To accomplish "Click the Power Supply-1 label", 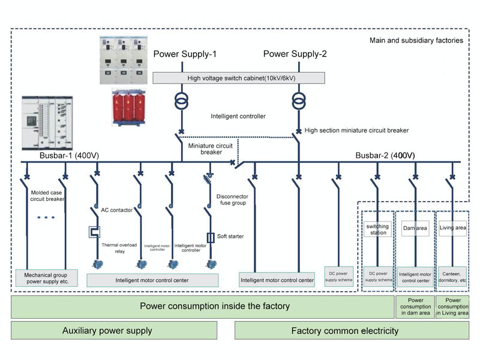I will pos(185,55).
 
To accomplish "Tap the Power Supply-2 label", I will pos(295,55).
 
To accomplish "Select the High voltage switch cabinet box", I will pos(239,78).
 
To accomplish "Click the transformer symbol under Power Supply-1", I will pos(182,101).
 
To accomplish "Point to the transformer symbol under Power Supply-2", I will pos(298,100).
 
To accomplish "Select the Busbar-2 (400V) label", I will pos(385,155).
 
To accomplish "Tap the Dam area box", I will pos(415,229).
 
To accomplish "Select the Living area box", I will pos(453,229).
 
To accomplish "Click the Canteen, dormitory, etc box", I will pos(453,277).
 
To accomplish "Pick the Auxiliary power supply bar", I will pos(114,331).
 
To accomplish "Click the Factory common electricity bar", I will pos(344,331).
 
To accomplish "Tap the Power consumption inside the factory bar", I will pos(202,306).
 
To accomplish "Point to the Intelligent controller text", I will pos(238,116).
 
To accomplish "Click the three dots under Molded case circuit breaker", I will pos(46,218).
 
